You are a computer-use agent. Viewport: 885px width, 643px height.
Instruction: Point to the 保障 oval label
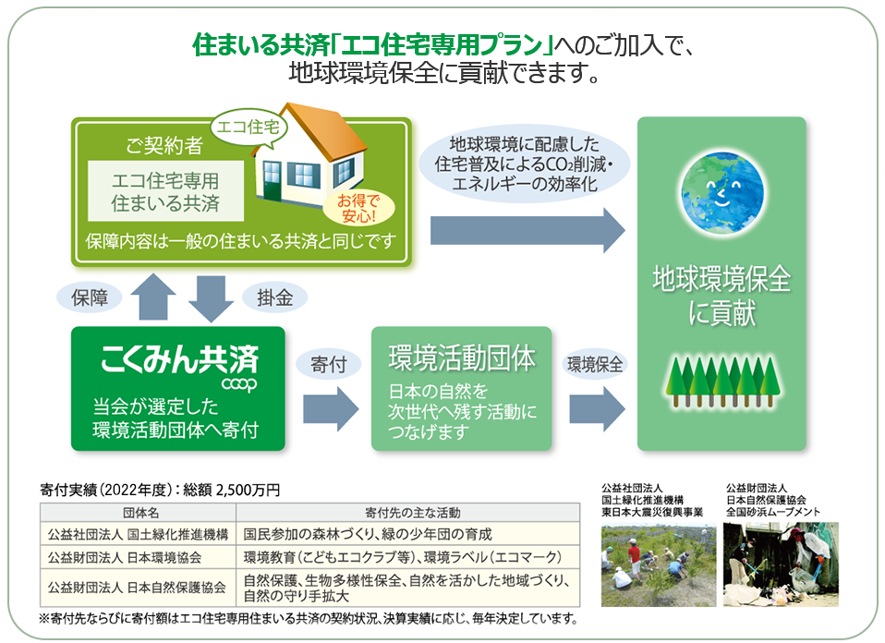click(90, 297)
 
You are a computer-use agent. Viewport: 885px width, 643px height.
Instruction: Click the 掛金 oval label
click(269, 297)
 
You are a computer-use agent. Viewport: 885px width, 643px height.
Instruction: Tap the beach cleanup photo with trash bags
click(781, 564)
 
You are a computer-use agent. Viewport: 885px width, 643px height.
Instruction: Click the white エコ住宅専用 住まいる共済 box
click(165, 190)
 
